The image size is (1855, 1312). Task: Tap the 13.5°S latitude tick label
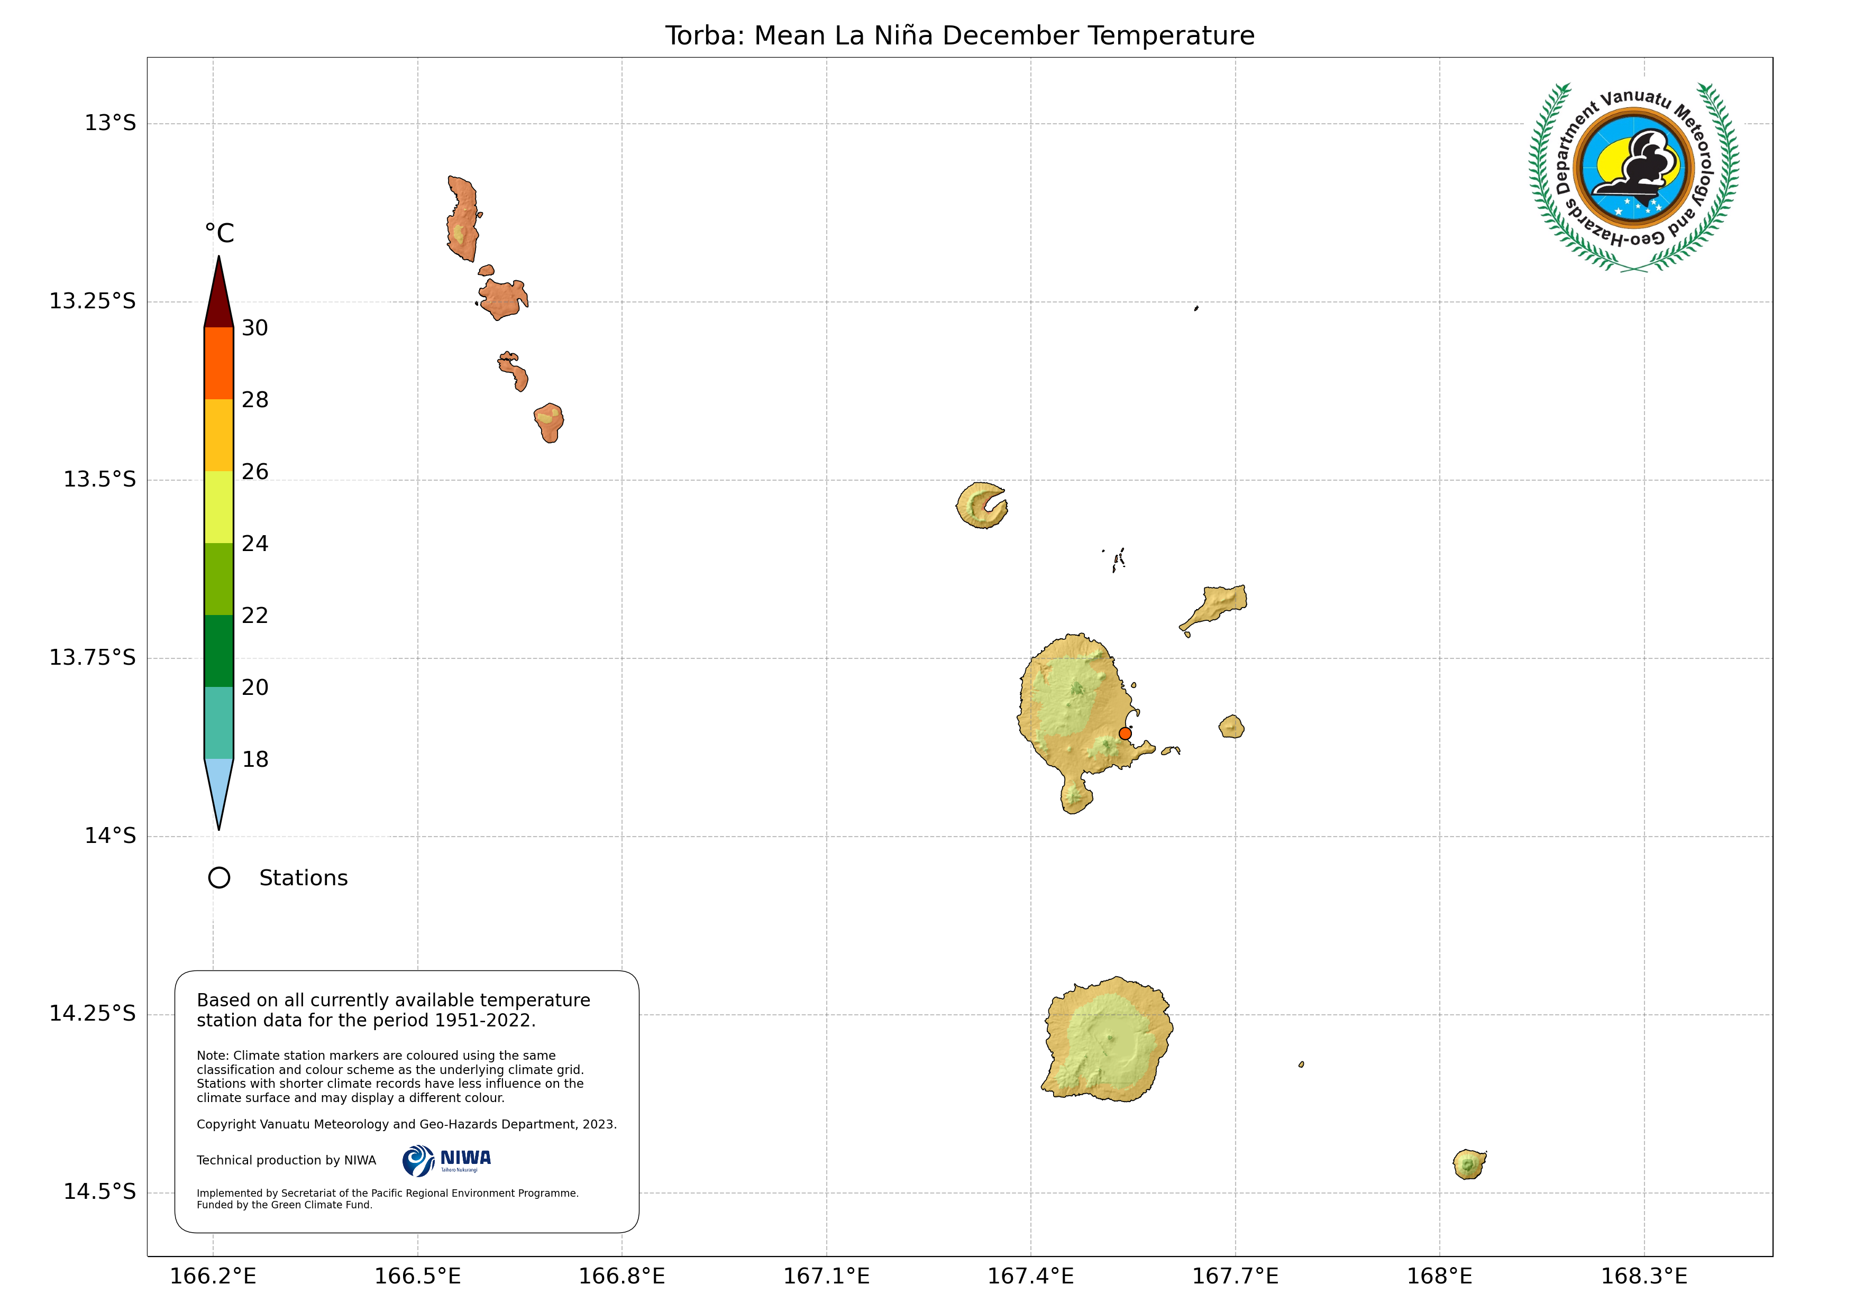click(99, 479)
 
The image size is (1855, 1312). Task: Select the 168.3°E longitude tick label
click(1643, 1277)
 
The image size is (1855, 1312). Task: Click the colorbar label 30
click(254, 328)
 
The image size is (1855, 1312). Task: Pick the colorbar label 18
click(254, 759)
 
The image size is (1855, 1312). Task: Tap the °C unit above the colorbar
click(219, 234)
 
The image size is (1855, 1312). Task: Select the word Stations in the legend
click(303, 878)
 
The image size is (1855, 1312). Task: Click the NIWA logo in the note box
click(447, 1161)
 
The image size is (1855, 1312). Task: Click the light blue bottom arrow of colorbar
click(219, 788)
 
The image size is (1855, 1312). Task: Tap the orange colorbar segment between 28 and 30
click(219, 363)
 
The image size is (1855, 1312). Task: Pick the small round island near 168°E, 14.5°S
click(1469, 1164)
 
